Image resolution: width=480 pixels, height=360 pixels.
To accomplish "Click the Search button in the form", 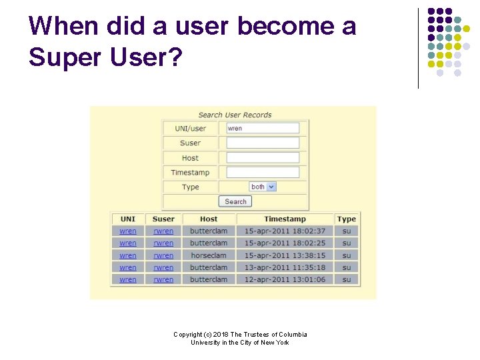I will [x=235, y=201].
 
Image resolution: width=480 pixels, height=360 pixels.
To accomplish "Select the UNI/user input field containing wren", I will [x=263, y=128].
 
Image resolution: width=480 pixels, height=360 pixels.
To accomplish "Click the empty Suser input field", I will [x=263, y=143].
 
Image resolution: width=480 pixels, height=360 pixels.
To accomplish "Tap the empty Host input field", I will [x=263, y=158].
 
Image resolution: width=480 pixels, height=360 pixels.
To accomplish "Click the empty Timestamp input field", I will [x=263, y=173].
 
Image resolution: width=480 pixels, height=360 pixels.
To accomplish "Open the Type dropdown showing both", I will [x=263, y=187].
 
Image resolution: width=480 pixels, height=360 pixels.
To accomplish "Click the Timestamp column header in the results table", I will [x=285, y=219].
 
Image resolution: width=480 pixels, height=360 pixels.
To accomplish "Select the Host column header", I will [x=209, y=219].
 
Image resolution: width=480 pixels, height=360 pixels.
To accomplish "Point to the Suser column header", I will [x=163, y=219].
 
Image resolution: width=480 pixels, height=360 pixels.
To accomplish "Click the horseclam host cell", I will [x=209, y=255].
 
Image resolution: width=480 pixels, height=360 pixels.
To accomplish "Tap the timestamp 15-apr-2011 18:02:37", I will [x=285, y=231].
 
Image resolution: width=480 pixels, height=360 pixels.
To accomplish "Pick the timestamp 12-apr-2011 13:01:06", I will [x=285, y=279].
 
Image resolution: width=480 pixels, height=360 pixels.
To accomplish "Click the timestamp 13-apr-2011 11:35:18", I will [x=285, y=267].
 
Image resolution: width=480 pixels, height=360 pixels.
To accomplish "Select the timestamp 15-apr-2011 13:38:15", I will [x=285, y=255].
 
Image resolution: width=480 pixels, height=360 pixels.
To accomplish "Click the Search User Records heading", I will [x=235, y=115].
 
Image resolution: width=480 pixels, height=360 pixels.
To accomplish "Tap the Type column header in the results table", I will [x=347, y=219].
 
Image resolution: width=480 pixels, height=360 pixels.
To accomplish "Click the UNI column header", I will [x=127, y=219].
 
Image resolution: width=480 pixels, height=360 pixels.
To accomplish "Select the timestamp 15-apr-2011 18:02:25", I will [x=285, y=243].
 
